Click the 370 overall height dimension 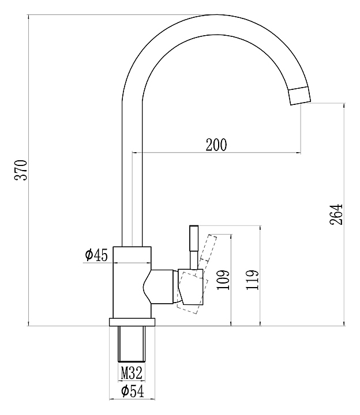21,170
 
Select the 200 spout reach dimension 216,145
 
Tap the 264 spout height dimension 336,214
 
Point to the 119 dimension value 252,280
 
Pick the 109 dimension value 223,280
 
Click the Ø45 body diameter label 96,255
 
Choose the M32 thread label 132,373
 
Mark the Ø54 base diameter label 133,391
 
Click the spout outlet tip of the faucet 300,96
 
